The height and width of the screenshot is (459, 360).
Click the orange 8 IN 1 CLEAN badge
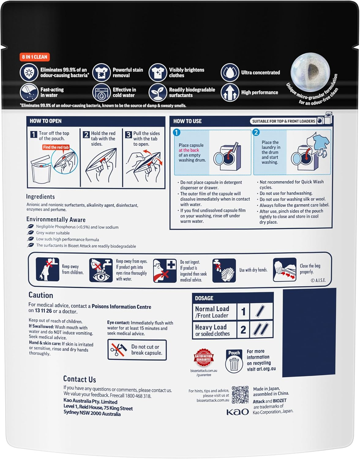point(35,57)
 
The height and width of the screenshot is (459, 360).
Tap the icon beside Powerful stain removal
point(101,73)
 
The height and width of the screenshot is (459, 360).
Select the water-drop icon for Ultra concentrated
point(230,73)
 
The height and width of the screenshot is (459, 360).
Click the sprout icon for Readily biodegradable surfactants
point(158,92)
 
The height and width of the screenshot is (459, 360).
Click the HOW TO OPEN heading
point(46,121)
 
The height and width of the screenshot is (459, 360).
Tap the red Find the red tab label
point(56,147)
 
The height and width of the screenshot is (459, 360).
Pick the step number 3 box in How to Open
point(129,135)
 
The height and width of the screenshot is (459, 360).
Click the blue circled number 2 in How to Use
point(256,132)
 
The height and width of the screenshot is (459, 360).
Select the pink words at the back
point(189,150)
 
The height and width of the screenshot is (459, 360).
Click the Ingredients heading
point(40,197)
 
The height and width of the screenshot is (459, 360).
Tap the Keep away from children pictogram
point(47,269)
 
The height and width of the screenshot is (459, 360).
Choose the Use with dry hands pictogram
point(224,270)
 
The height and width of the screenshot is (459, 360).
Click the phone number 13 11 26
point(43,311)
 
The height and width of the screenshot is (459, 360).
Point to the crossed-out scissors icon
point(118,349)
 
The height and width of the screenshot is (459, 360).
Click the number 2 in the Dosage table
point(243,330)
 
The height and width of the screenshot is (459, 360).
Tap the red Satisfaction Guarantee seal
point(204,357)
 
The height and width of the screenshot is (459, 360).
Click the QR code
point(240,394)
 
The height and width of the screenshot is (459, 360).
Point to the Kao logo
point(238,412)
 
